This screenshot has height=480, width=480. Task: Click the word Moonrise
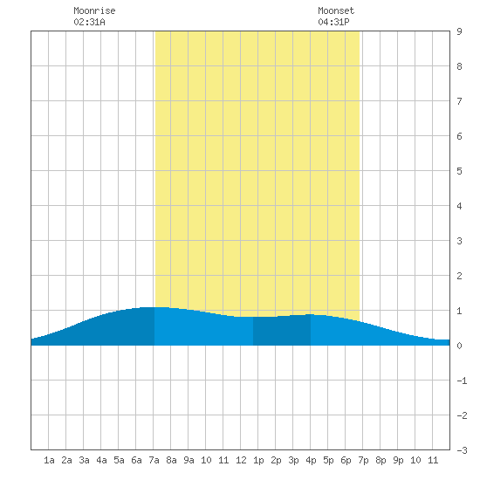(x=94, y=10)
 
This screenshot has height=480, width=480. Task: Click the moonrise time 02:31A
(x=89, y=22)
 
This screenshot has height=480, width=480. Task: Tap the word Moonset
(x=336, y=10)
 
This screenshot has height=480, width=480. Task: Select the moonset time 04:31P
(x=333, y=22)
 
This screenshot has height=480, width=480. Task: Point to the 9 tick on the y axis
(x=459, y=31)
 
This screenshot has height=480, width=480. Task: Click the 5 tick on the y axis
(x=459, y=171)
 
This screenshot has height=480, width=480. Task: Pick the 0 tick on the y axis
(x=459, y=346)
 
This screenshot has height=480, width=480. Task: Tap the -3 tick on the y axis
(x=462, y=450)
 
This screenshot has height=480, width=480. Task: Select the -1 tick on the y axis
(x=462, y=381)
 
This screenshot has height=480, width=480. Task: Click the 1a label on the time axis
(x=49, y=460)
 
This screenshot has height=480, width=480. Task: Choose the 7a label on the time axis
(x=154, y=460)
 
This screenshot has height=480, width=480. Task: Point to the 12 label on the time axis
(x=241, y=460)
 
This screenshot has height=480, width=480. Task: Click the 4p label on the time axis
(x=311, y=460)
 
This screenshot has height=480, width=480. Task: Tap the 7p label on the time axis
(x=363, y=460)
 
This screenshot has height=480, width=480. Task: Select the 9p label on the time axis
(x=398, y=460)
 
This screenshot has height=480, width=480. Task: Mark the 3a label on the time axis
(x=84, y=460)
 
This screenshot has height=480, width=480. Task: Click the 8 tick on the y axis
(x=459, y=66)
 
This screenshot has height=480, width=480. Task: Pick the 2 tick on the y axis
(x=459, y=276)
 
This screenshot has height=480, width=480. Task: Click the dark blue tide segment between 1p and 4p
(x=282, y=331)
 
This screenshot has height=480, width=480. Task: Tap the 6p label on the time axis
(x=346, y=460)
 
